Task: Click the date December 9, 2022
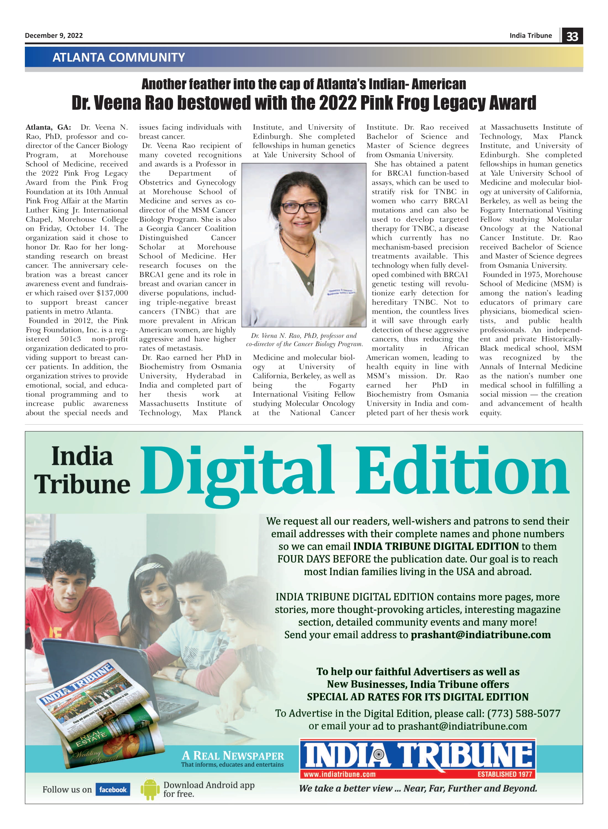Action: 54,35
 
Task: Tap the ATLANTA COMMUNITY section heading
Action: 119,57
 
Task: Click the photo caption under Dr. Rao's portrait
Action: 304,340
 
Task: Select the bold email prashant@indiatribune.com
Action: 481,634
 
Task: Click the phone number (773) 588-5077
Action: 523,713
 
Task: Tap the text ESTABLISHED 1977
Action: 505,774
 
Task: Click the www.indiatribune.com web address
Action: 339,774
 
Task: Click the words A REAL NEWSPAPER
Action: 233,756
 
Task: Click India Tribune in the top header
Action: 530,35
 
